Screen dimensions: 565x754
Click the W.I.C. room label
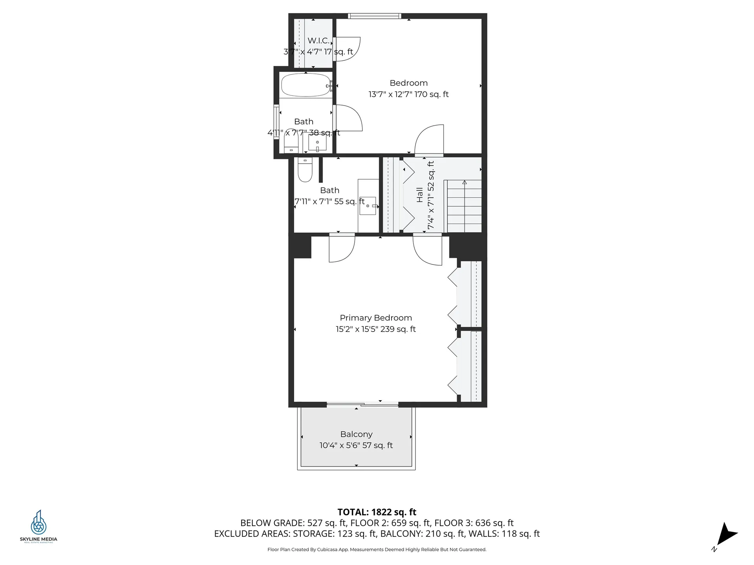pyautogui.click(x=318, y=40)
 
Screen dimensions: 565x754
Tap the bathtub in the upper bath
pyautogui.click(x=306, y=85)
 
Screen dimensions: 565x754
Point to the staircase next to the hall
pyautogui.click(x=464, y=206)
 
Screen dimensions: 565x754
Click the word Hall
pyautogui.click(x=420, y=195)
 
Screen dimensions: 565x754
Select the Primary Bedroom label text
pyautogui.click(x=376, y=318)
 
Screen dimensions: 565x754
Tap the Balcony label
pyautogui.click(x=356, y=434)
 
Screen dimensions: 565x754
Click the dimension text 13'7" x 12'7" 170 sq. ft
pyautogui.click(x=408, y=94)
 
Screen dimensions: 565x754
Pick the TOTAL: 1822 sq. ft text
pyautogui.click(x=377, y=512)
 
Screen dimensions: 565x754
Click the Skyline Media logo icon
pyautogui.click(x=38, y=523)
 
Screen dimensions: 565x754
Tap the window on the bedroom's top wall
pyautogui.click(x=374, y=16)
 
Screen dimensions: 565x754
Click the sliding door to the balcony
pyautogui.click(x=362, y=404)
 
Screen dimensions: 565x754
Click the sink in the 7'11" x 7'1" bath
pyautogui.click(x=368, y=206)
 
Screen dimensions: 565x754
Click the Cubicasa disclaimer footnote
pyautogui.click(x=377, y=549)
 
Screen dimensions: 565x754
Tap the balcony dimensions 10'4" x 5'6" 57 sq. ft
pyautogui.click(x=356, y=445)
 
